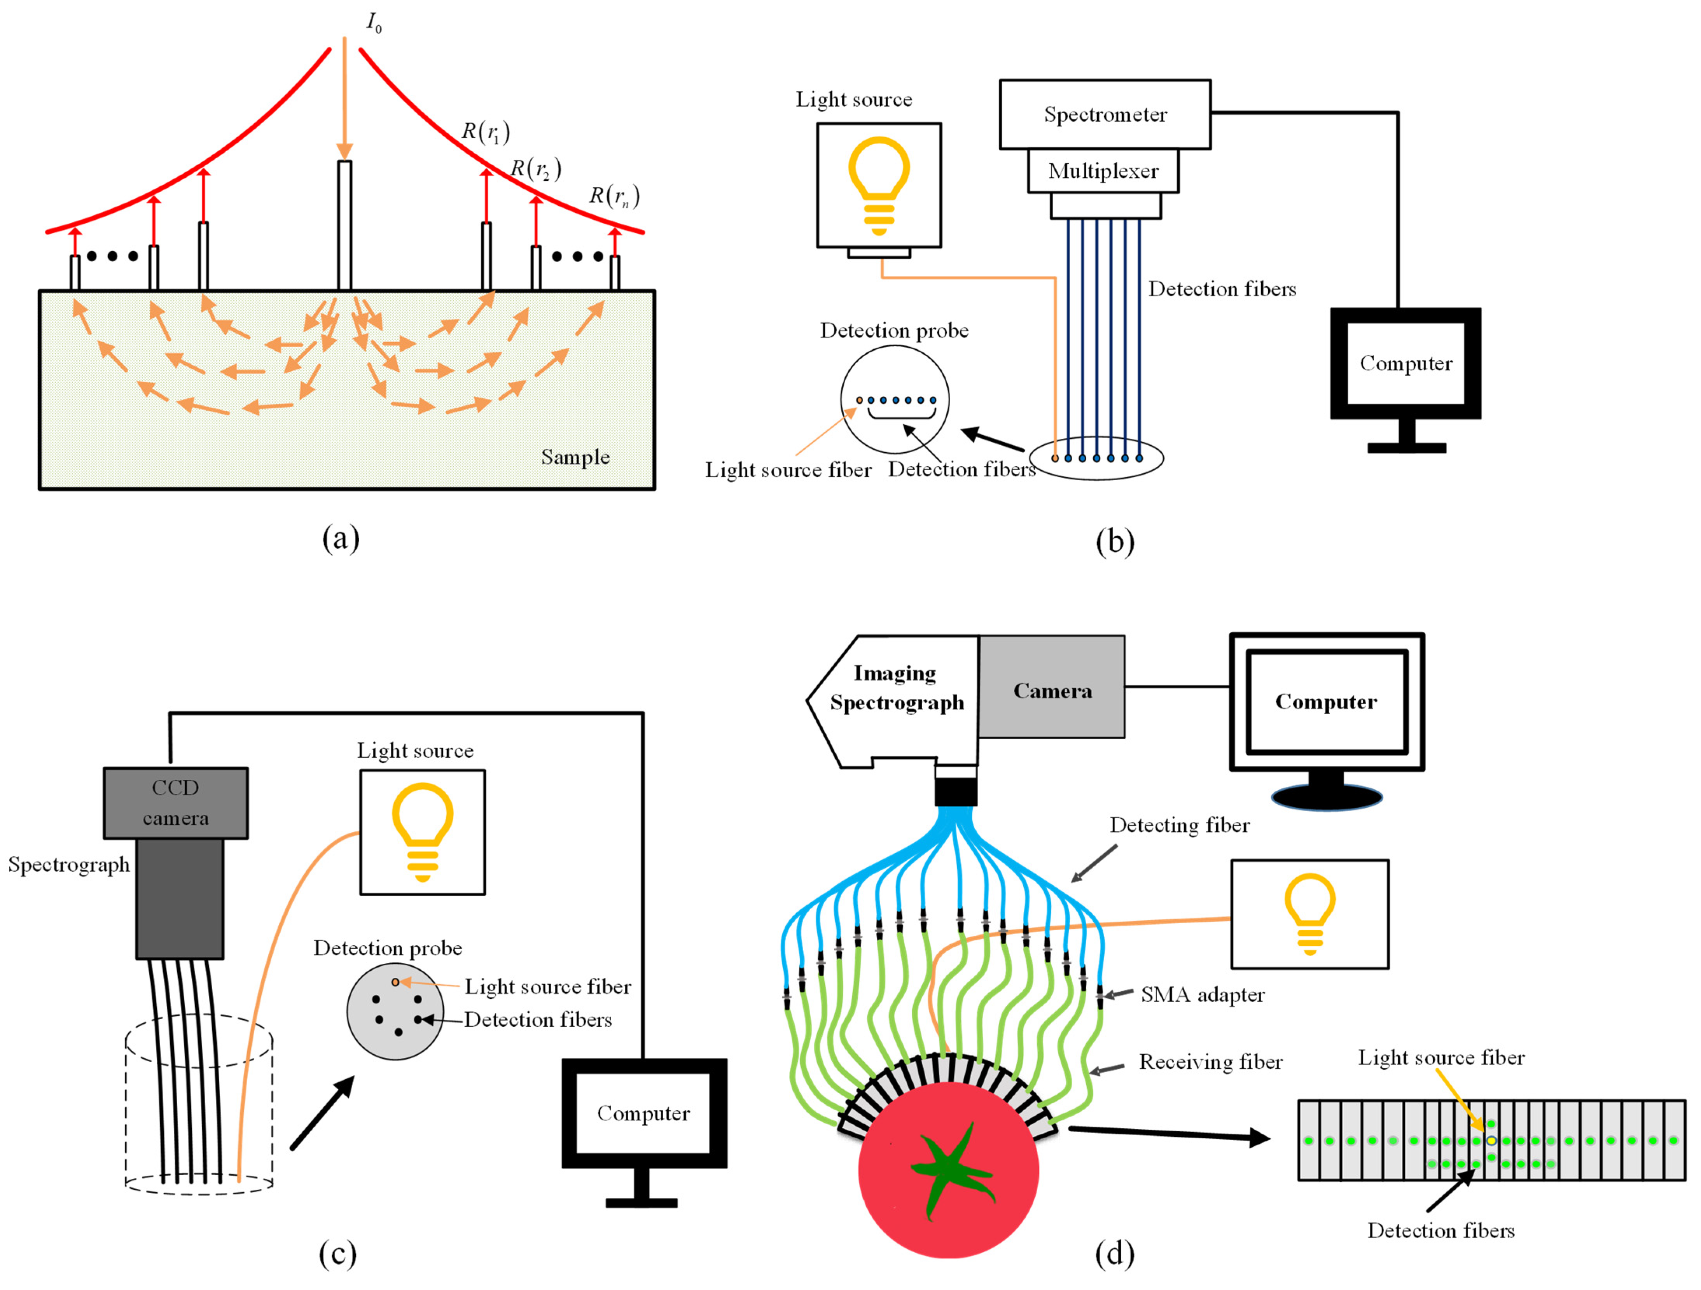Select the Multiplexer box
pos(1103,171)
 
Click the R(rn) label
pos(614,196)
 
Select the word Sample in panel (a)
pos(575,457)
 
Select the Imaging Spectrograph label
pos(897,688)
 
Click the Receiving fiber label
pos(1210,1062)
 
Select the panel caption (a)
pos(341,538)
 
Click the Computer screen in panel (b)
pos(1406,363)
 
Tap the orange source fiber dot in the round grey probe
pos(395,982)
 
